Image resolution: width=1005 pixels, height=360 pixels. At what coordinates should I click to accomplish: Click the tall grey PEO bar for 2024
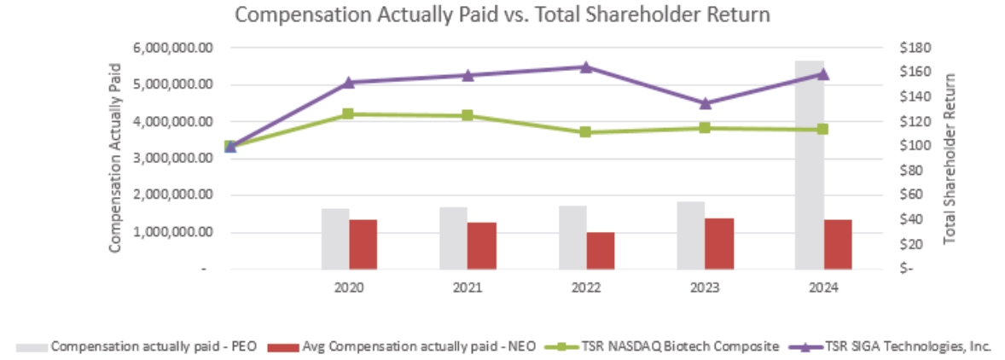click(x=809, y=162)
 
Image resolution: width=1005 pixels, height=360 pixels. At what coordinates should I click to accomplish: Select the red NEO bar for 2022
click(x=601, y=250)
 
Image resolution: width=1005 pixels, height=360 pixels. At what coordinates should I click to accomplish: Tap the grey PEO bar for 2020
click(x=335, y=239)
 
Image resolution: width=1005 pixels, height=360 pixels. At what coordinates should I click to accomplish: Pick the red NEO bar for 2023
click(x=719, y=244)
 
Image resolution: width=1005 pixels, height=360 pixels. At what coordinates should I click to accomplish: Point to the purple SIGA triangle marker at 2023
click(x=705, y=103)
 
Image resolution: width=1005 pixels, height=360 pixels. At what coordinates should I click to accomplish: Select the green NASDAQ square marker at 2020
click(x=348, y=113)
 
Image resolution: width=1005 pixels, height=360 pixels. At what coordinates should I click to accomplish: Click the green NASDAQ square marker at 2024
click(x=823, y=129)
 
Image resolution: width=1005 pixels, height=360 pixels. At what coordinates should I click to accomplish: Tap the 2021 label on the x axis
click(x=468, y=287)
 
